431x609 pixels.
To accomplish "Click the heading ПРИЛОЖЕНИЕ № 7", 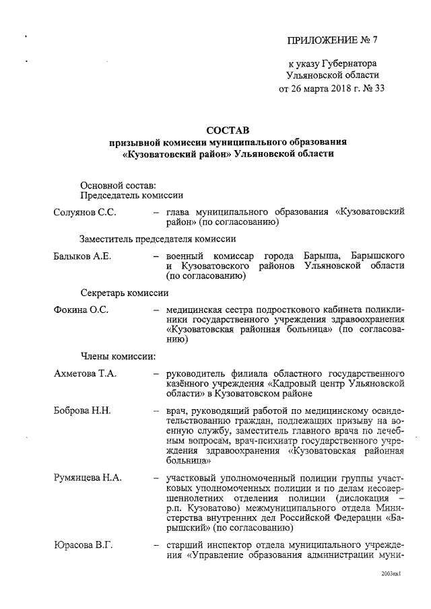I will click(x=333, y=39).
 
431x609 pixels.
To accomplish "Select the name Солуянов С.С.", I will click(x=85, y=213).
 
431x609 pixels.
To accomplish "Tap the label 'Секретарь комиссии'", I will click(x=124, y=293).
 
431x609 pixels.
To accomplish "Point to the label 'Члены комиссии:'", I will click(x=119, y=356).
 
